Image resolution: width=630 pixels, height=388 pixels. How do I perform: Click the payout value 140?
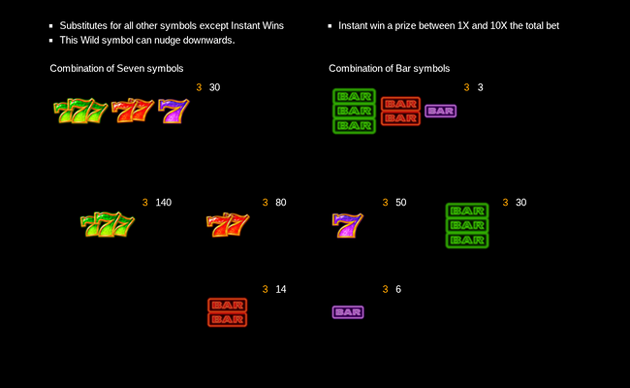(x=163, y=203)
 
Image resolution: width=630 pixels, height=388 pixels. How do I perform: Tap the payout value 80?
(x=281, y=203)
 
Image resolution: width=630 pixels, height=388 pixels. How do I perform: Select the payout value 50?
(x=400, y=203)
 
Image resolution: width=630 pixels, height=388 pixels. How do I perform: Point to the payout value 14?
(x=281, y=290)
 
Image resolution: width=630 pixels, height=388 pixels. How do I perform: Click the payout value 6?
(x=398, y=290)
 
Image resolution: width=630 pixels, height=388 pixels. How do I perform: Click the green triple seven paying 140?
(x=107, y=225)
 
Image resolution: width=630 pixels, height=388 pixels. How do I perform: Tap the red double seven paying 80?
(x=228, y=225)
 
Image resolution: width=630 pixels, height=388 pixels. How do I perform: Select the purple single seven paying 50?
(x=347, y=225)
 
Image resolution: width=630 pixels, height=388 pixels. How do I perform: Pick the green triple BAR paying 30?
(x=467, y=225)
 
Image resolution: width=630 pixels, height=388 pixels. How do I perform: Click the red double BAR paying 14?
(x=228, y=311)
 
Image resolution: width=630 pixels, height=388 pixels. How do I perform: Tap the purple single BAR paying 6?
(x=347, y=312)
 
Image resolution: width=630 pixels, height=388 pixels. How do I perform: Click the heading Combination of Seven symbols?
(x=116, y=69)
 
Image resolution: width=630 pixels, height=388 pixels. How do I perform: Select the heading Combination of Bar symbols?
(x=389, y=69)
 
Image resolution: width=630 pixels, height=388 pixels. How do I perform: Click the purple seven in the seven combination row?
(x=173, y=111)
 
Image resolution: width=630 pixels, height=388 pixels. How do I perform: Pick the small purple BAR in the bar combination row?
(x=440, y=111)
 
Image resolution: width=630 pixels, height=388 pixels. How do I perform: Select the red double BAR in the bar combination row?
(x=399, y=111)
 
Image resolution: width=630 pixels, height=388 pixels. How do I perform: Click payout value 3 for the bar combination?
(x=480, y=87)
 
